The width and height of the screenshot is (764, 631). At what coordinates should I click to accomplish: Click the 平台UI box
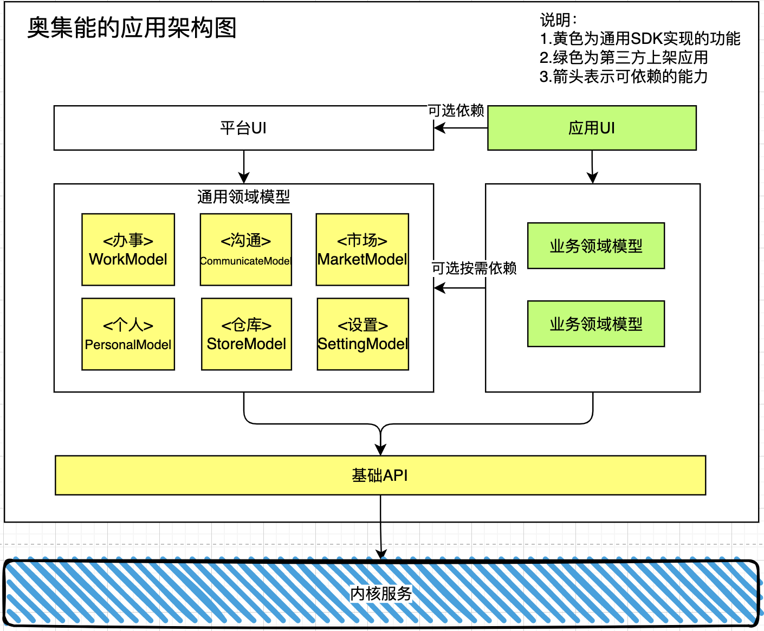pyautogui.click(x=244, y=128)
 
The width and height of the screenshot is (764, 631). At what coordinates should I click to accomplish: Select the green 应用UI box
pyautogui.click(x=592, y=128)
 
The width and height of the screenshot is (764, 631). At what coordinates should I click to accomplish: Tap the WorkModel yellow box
pyautogui.click(x=128, y=249)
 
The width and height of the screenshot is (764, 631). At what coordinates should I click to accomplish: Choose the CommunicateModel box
pyautogui.click(x=246, y=249)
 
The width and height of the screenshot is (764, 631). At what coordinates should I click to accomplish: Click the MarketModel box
pyautogui.click(x=362, y=249)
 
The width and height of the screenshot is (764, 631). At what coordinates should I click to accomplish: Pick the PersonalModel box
pyautogui.click(x=128, y=334)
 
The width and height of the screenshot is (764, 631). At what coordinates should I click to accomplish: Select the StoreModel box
pyautogui.click(x=246, y=334)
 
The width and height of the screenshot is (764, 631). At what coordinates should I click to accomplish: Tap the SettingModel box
pyautogui.click(x=363, y=334)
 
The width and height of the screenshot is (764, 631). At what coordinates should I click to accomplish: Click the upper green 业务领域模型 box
pyautogui.click(x=596, y=246)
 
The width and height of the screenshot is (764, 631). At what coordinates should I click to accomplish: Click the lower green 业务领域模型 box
pyautogui.click(x=596, y=324)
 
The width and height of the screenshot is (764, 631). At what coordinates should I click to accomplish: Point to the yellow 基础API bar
pyautogui.click(x=380, y=475)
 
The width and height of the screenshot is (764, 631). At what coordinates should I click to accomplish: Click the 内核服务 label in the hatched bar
pyautogui.click(x=381, y=593)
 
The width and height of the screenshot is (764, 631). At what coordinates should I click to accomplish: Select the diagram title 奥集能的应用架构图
pyautogui.click(x=132, y=28)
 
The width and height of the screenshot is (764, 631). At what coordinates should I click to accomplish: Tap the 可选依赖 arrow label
pyautogui.click(x=456, y=111)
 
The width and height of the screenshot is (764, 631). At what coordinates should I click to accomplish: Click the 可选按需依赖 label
pyautogui.click(x=474, y=268)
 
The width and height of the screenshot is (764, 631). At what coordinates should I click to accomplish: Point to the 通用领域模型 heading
pyautogui.click(x=244, y=197)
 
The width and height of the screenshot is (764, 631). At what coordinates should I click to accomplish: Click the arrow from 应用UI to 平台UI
pyautogui.click(x=461, y=128)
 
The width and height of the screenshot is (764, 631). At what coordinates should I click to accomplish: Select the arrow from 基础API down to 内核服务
pyautogui.click(x=381, y=527)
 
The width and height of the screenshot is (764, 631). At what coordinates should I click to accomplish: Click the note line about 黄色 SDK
pyautogui.click(x=640, y=38)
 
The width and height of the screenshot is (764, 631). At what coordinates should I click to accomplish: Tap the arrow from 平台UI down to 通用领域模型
pyautogui.click(x=244, y=167)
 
